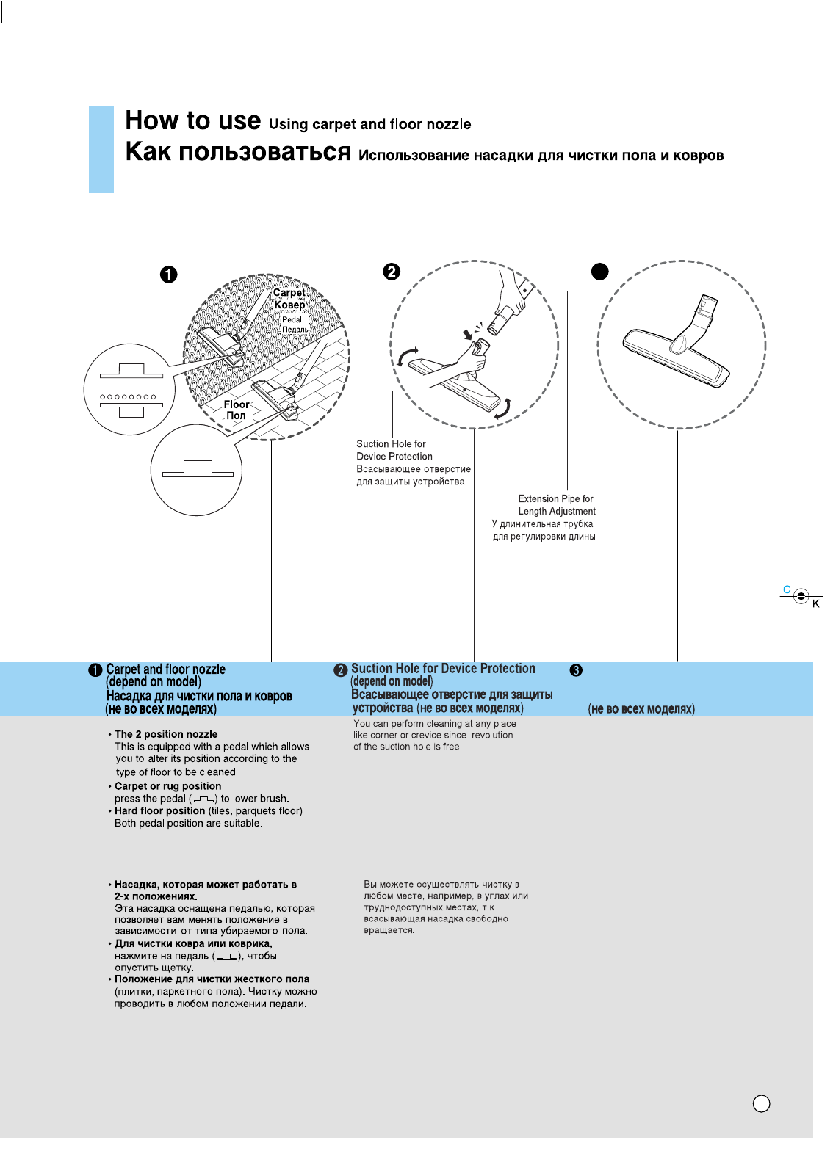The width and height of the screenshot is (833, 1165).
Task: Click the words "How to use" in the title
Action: click(x=192, y=120)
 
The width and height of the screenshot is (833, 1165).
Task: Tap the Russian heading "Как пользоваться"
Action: click(x=237, y=152)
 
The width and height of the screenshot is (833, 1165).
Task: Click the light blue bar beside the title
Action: click(x=101, y=149)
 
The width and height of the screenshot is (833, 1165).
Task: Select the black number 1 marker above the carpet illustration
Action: click(x=169, y=275)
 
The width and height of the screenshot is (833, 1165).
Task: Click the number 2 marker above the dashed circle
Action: click(x=392, y=272)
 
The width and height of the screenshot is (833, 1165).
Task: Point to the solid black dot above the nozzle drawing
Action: click(x=600, y=272)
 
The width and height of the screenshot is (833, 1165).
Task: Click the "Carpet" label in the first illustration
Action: click(x=289, y=293)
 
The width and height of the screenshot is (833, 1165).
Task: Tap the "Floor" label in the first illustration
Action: click(x=237, y=404)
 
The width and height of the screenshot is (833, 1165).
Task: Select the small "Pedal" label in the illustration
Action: click(x=292, y=319)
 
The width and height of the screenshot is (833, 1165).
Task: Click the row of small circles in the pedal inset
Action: click(x=129, y=397)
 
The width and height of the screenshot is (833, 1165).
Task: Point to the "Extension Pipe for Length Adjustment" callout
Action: click(x=556, y=505)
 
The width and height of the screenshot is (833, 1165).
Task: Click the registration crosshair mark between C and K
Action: click(x=801, y=597)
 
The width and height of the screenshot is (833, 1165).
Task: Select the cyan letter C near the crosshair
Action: click(x=787, y=589)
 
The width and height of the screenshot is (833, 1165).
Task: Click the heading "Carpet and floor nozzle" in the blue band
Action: click(x=166, y=669)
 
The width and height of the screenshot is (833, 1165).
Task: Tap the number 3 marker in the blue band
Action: click(x=577, y=670)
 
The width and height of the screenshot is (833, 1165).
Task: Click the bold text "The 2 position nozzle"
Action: click(x=166, y=734)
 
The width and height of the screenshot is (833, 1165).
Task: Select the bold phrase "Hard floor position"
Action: click(x=159, y=811)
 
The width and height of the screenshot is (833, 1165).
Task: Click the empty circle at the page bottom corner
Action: click(x=762, y=1104)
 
